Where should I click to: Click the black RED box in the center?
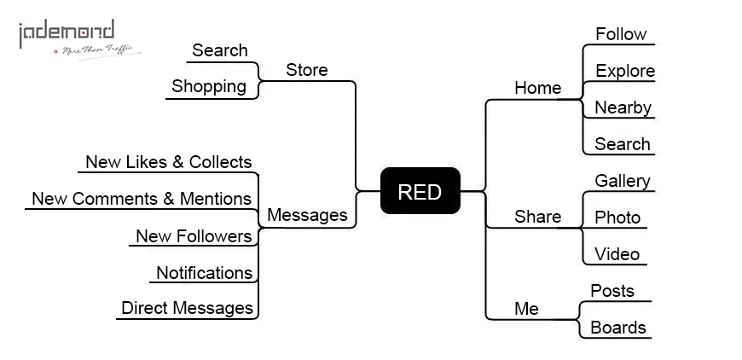tap(420, 190)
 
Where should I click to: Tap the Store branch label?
tap(307, 70)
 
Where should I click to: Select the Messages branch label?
tap(307, 215)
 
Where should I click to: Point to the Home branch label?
tap(537, 88)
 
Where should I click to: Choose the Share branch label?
tap(537, 217)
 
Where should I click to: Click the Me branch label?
tap(526, 309)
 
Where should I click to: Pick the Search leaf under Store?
tap(219, 50)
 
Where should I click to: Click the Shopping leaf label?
tap(209, 86)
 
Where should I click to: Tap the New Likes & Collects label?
tap(169, 162)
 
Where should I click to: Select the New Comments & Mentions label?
tap(142, 199)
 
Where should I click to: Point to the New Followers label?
tap(194, 235)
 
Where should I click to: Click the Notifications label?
tap(204, 272)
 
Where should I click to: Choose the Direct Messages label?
tap(187, 308)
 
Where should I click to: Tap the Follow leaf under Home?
tap(621, 34)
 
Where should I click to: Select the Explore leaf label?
tap(625, 71)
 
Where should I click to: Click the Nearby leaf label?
tap(623, 107)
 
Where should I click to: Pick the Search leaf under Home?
tap(623, 144)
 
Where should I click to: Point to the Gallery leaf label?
tap(623, 181)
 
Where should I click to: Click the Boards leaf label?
tap(618, 328)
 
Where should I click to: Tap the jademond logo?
tap(79, 39)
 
